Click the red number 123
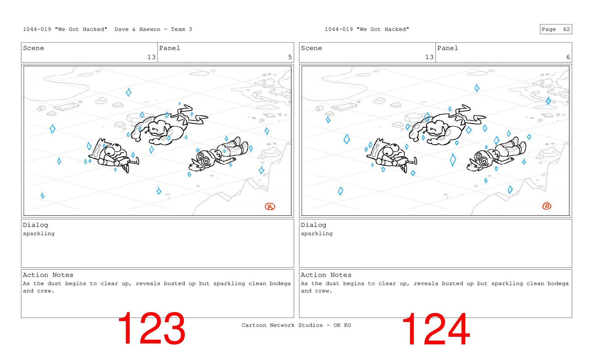(x=151, y=328)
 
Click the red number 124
(x=436, y=329)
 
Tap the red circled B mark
(x=270, y=207)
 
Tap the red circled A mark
(x=547, y=206)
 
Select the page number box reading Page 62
(x=556, y=29)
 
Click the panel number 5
(x=290, y=57)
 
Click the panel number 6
(x=568, y=57)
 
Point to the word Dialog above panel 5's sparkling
(x=36, y=225)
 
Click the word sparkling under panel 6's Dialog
(x=317, y=234)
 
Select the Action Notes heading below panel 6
(x=326, y=275)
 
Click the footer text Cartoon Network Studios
(x=282, y=325)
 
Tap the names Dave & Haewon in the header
(x=137, y=29)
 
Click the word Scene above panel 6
(x=311, y=48)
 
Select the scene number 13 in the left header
(x=151, y=57)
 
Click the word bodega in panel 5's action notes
(x=280, y=283)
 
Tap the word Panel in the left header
(x=170, y=48)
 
